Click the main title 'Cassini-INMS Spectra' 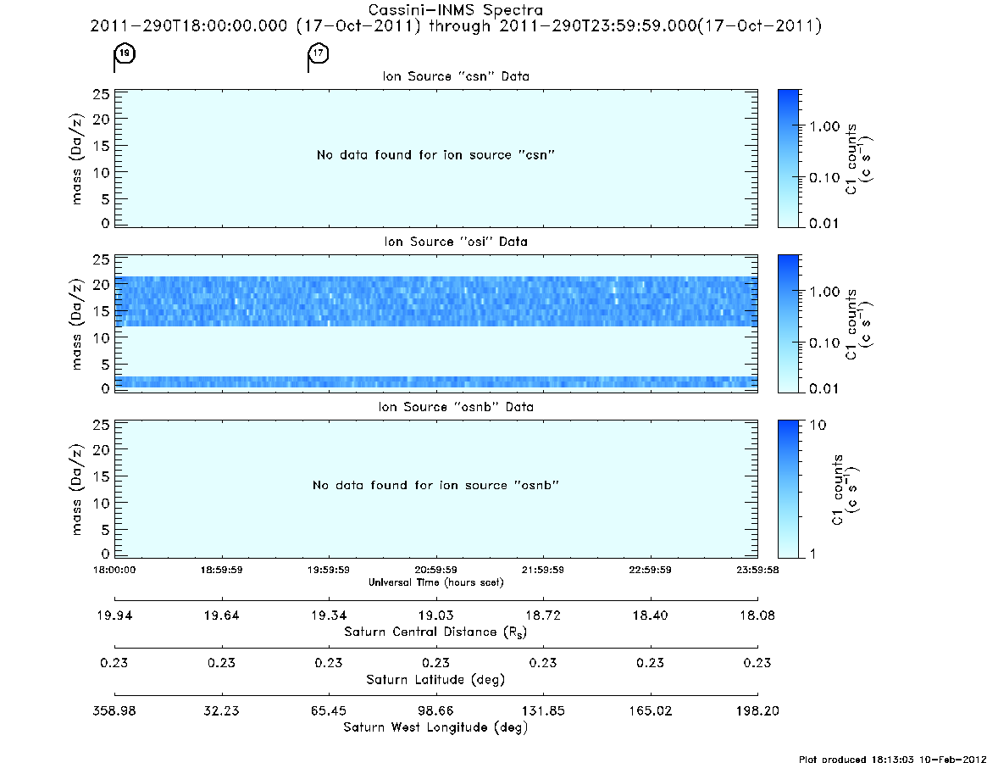click(455, 10)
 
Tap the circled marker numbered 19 click(125, 53)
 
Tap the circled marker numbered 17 click(319, 53)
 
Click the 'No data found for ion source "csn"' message click(435, 155)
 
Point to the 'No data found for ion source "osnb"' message click(435, 485)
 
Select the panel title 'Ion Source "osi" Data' click(456, 242)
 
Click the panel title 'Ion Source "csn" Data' click(456, 76)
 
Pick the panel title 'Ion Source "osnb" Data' click(456, 407)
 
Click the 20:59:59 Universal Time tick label click(435, 570)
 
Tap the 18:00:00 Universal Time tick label click(114, 570)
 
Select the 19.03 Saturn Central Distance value click(435, 615)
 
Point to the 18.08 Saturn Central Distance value click(757, 615)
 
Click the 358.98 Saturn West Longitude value click(114, 710)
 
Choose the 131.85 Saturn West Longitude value click(543, 710)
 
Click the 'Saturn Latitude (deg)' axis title click(435, 680)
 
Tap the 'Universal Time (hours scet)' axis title click(435, 582)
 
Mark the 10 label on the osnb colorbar click(818, 426)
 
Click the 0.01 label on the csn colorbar click(824, 224)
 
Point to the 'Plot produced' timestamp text click(892, 760)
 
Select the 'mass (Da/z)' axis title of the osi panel click(76, 325)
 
